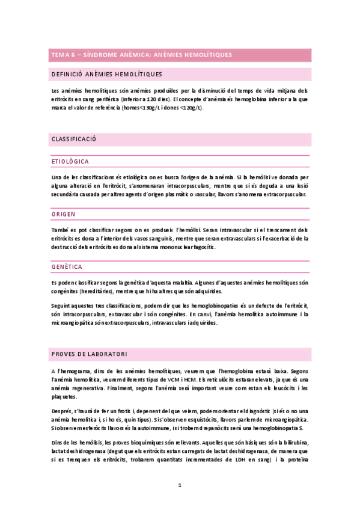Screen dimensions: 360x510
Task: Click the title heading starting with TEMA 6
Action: [x=142, y=55]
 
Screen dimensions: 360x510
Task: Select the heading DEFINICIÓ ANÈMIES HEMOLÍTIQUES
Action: [x=108, y=74]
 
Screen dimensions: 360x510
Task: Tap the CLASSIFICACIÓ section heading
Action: [x=75, y=139]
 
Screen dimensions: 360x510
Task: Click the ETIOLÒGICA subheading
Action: [x=70, y=162]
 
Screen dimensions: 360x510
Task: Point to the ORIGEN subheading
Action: [x=63, y=214]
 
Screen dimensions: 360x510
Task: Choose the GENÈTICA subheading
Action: [x=67, y=266]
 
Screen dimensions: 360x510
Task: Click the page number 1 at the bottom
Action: [x=180, y=484]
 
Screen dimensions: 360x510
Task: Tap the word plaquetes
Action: [x=64, y=397]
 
